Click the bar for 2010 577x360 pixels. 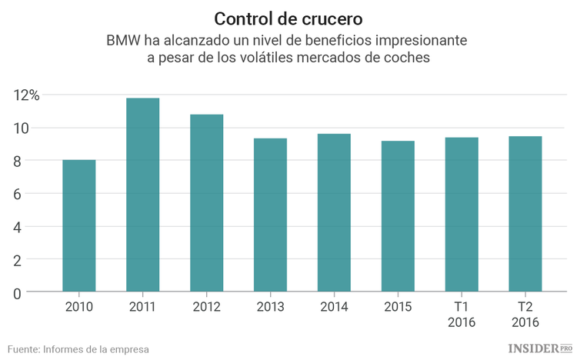(x=79, y=226)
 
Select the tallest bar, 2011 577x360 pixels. (x=143, y=195)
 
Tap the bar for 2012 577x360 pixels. (x=207, y=203)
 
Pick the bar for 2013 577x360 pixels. (x=271, y=215)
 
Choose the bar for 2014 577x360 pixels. (x=335, y=213)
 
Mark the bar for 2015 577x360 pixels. (x=399, y=216)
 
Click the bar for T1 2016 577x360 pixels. (x=462, y=215)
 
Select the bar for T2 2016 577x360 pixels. (x=526, y=214)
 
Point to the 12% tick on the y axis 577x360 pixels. (x=26, y=95)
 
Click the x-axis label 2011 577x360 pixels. (x=143, y=307)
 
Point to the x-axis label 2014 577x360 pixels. (x=335, y=307)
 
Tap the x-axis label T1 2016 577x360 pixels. (x=462, y=315)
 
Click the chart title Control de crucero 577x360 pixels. (x=288, y=18)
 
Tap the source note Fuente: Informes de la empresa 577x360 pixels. (x=78, y=348)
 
